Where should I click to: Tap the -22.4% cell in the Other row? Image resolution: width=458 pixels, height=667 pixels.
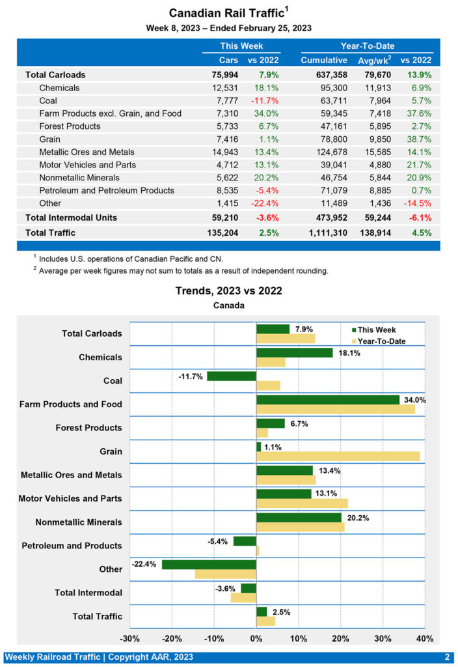263,203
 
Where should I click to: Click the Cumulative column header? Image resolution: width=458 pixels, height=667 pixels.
324,60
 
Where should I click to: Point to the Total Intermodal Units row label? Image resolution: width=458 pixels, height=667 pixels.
71,217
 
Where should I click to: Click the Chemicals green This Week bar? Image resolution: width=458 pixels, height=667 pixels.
294,352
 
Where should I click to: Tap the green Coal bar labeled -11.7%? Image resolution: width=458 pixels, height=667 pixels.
232,376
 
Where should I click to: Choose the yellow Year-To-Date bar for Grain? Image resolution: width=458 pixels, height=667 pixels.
338,455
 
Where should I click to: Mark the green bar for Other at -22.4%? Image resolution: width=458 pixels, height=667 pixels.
209,564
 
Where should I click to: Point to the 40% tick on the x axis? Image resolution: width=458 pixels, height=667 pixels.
424,638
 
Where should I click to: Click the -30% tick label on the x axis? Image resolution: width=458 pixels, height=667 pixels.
130,638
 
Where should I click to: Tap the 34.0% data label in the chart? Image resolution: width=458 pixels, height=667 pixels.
414,400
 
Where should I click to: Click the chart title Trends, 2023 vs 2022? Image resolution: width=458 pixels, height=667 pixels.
228,291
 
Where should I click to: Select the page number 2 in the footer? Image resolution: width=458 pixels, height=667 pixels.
447,657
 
